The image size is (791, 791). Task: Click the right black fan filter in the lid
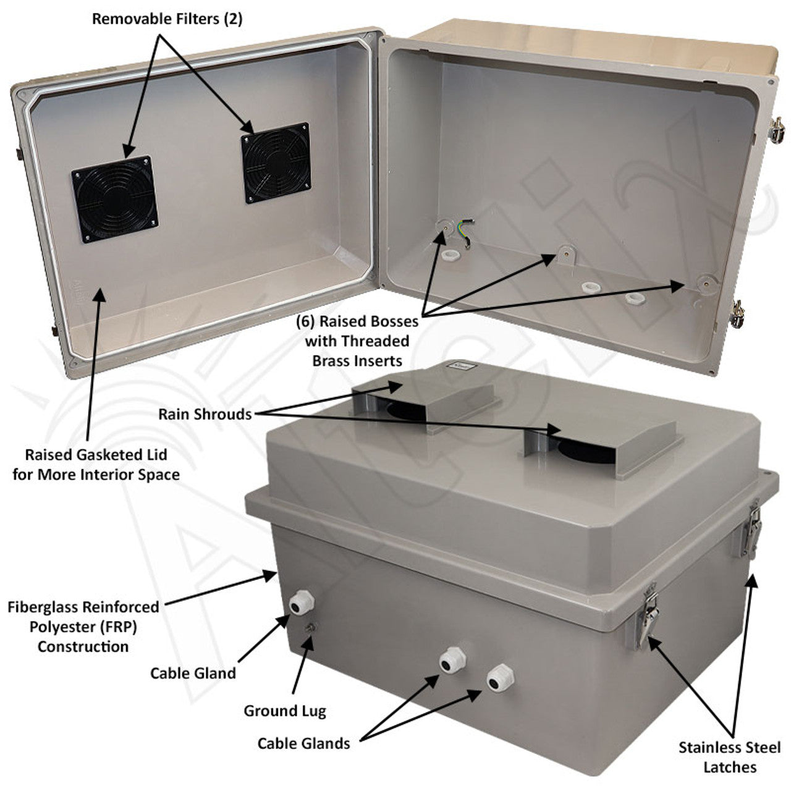pos(275,163)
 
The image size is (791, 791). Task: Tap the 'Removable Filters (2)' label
pos(167,19)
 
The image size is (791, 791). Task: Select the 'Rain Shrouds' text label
pos(205,414)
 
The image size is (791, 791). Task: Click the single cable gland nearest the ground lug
pos(301,603)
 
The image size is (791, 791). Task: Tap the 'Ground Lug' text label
pos(284,711)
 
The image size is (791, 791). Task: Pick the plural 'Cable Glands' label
pos(303,743)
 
